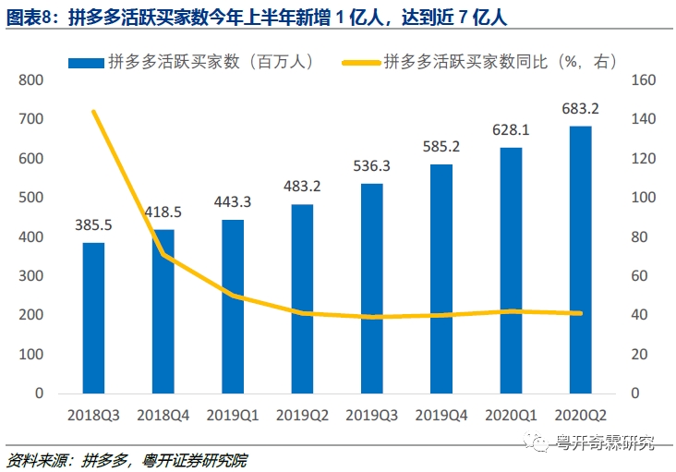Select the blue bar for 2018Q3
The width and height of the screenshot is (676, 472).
(93, 318)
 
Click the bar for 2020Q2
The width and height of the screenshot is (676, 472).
(580, 260)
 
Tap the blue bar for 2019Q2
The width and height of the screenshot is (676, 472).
(302, 298)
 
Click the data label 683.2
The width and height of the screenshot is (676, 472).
(580, 109)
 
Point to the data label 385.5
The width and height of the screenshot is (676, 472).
(93, 224)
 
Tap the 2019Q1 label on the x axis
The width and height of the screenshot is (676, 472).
(233, 417)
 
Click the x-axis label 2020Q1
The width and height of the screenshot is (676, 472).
(511, 417)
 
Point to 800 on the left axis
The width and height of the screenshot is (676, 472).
(31, 80)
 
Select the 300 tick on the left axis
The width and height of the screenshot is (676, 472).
(31, 276)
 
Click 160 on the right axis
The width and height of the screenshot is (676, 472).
(643, 80)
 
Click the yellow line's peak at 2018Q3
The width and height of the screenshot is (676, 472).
(93, 112)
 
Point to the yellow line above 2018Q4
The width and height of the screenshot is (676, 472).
(163, 254)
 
